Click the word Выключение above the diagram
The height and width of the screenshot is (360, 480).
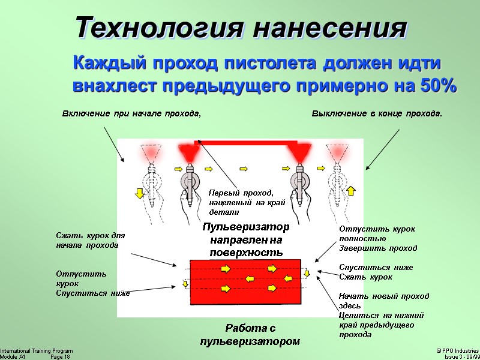click(337, 113)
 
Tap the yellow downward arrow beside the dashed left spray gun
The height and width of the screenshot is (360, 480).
click(139, 193)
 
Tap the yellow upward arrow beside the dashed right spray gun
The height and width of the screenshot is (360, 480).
click(351, 191)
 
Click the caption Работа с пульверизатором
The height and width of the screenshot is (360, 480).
click(249, 335)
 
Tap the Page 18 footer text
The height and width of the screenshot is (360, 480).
click(60, 356)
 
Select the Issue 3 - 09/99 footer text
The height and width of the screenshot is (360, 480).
click(461, 356)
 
